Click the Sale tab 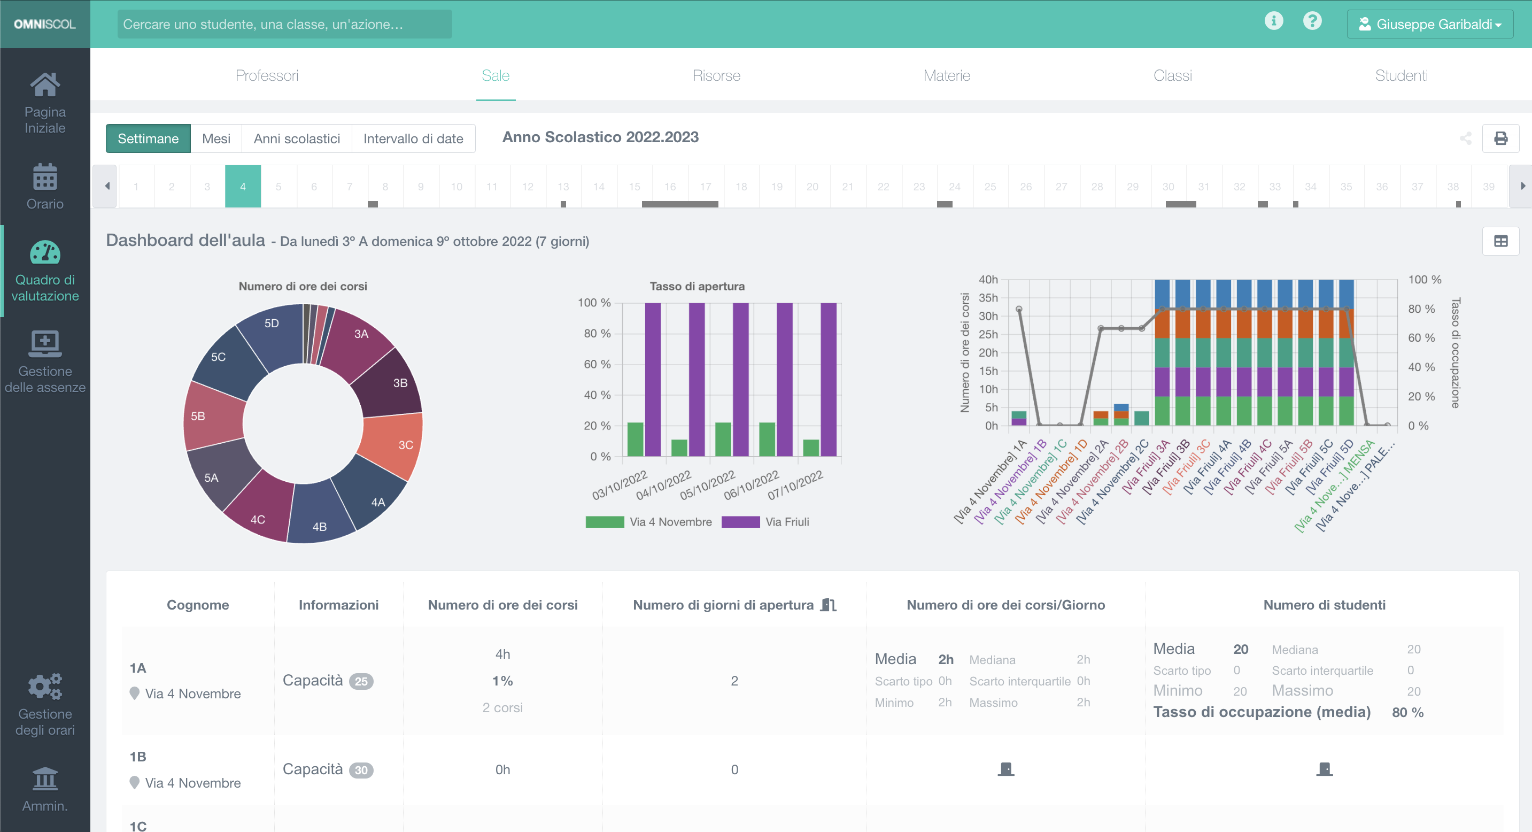496,75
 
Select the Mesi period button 216,138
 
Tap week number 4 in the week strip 243,186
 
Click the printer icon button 1500,138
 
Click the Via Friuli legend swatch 740,521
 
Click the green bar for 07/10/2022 810,448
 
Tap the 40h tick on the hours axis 988,280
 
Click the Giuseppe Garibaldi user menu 1430,25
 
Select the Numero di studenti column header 1324,605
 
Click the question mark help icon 1312,21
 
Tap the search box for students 284,25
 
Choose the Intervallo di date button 413,138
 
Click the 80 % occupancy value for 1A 1407,712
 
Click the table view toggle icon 1500,241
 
